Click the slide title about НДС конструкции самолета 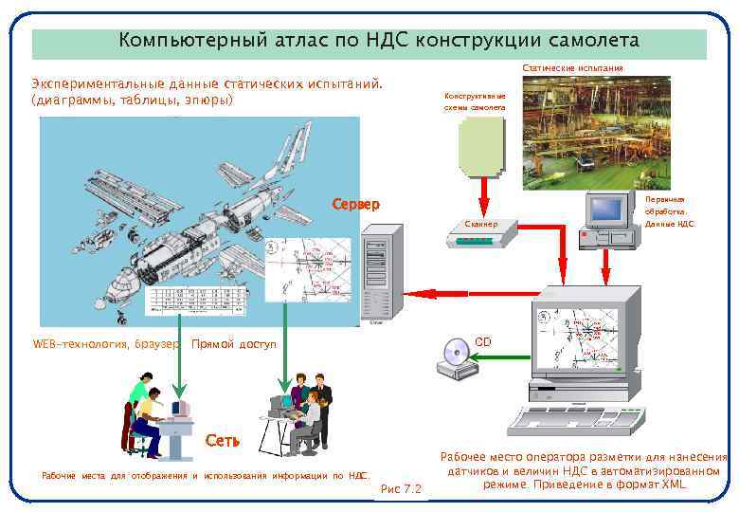tap(379, 43)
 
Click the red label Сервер tap(355, 204)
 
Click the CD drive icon tap(453, 358)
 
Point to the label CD tap(483, 340)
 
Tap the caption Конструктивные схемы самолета tap(475, 101)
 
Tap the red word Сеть tap(223, 441)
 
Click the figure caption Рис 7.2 tap(400, 489)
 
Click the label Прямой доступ tap(233, 343)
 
